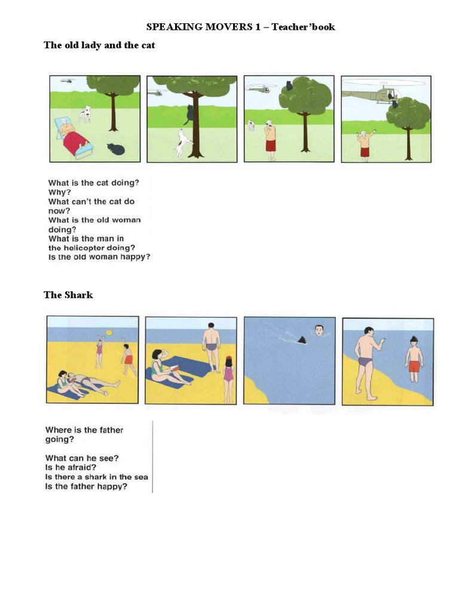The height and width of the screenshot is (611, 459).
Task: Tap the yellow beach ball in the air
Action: click(109, 333)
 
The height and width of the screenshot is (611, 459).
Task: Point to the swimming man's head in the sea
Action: click(319, 329)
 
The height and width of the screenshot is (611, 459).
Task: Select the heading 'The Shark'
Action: click(68, 295)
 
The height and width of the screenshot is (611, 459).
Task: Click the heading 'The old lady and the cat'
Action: click(99, 45)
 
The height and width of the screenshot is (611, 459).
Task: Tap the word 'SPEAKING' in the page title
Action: click(169, 27)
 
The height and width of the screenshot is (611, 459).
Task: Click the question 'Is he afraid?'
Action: click(71, 467)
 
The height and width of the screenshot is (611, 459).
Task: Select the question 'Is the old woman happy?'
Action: click(99, 257)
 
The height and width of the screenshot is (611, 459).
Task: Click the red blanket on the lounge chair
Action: click(75, 142)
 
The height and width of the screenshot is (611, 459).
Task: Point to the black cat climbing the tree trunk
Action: click(190, 113)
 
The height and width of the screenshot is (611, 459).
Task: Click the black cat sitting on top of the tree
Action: click(289, 85)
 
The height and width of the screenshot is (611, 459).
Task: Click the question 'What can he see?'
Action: click(82, 458)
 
